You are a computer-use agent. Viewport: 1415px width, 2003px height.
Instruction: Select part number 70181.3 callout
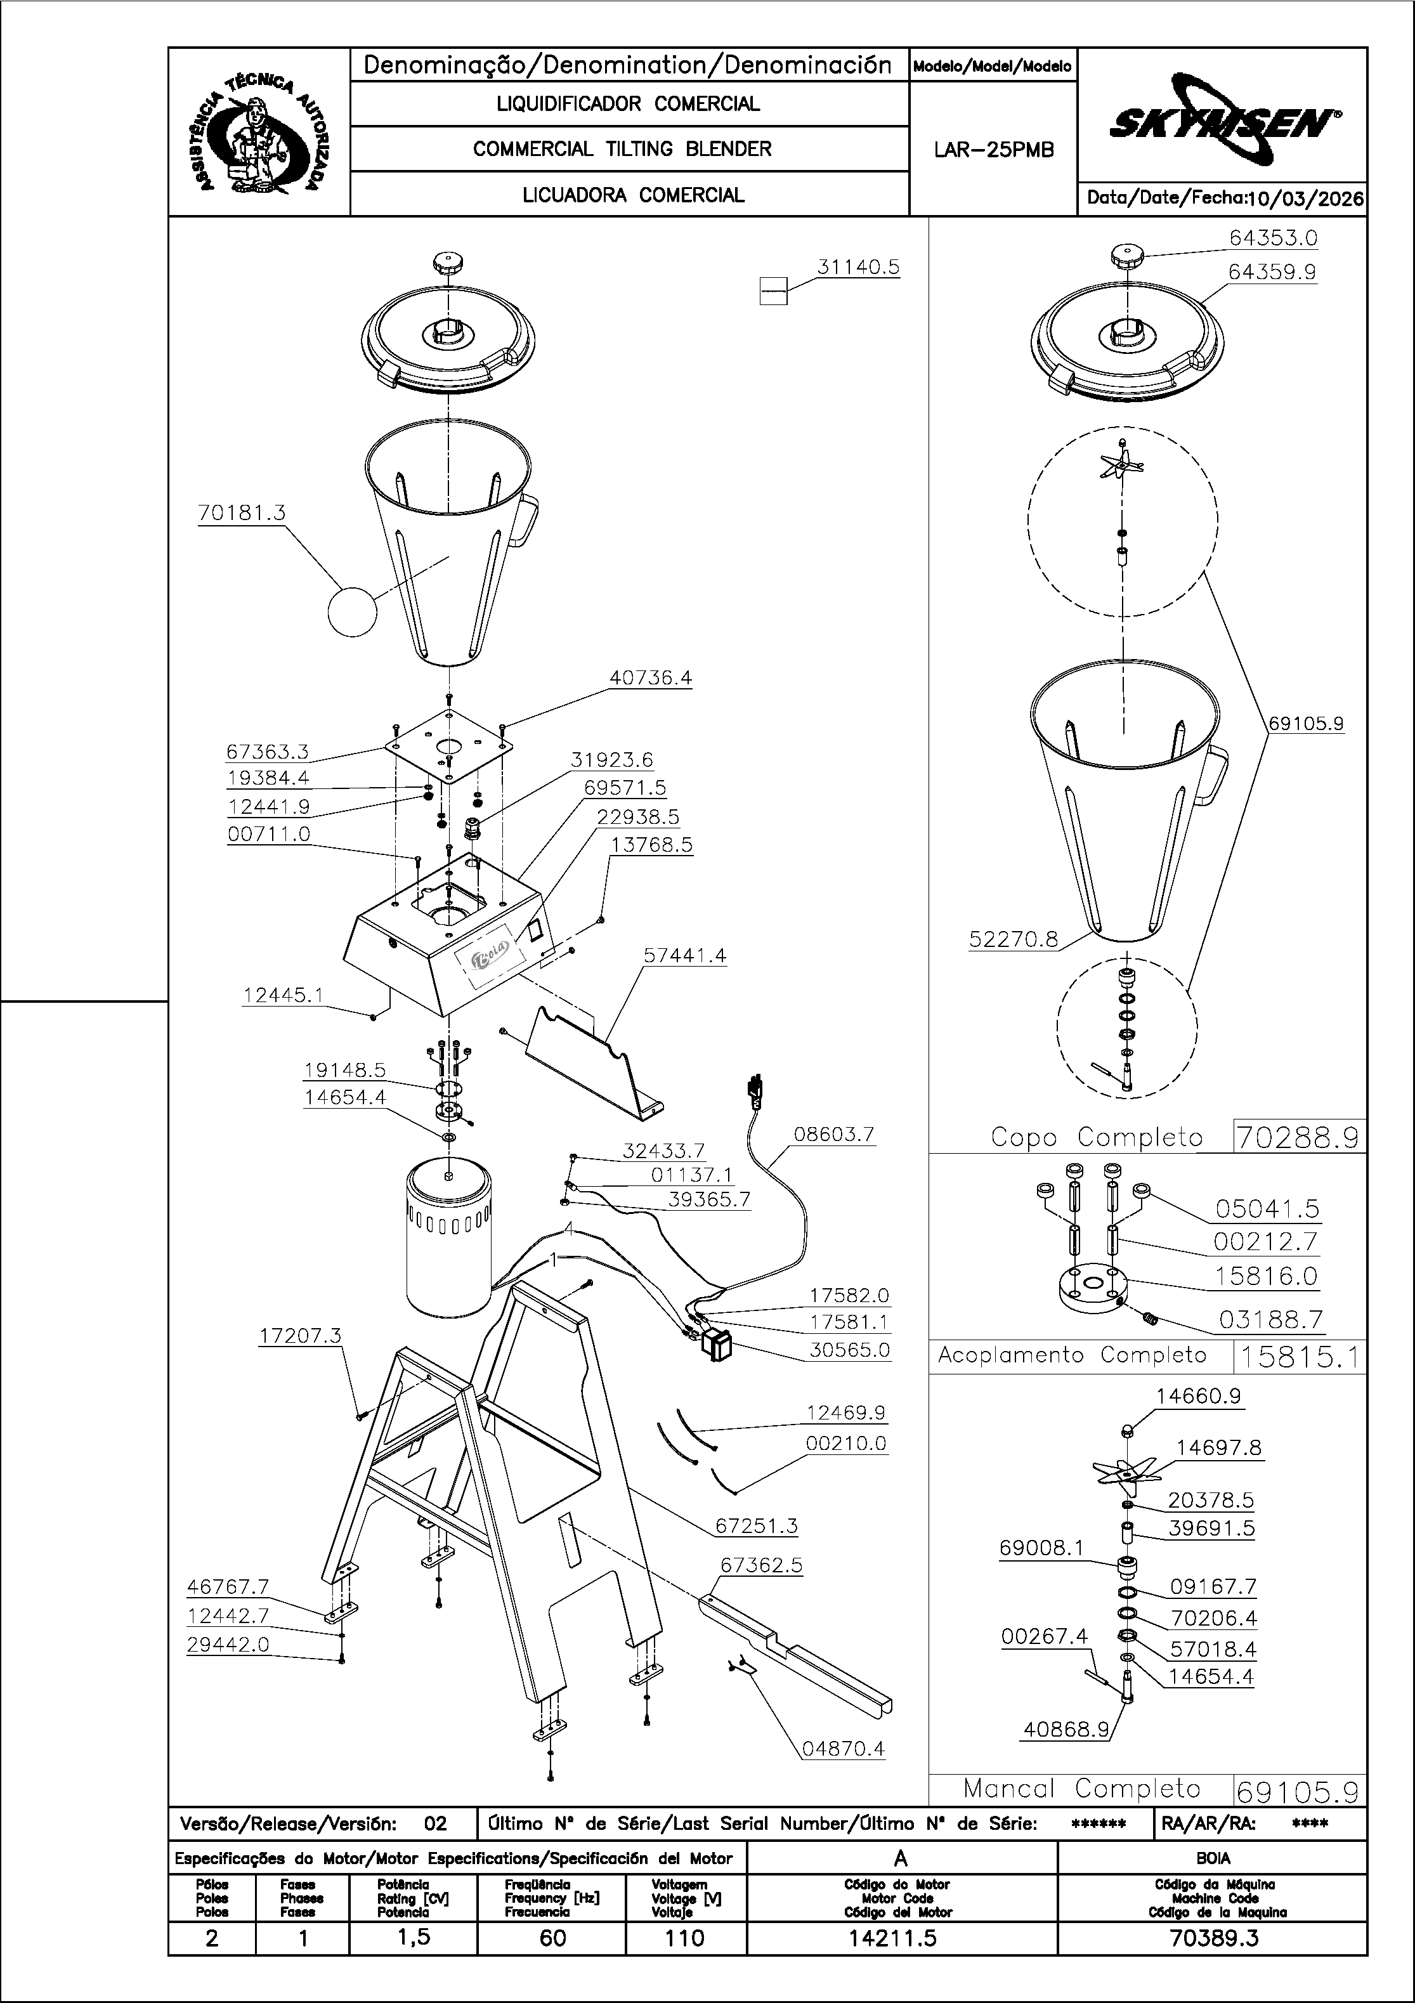pyautogui.click(x=242, y=513)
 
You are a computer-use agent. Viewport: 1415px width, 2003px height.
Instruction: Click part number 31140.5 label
pyautogui.click(x=857, y=267)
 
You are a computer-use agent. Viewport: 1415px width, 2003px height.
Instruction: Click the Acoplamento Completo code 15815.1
pyautogui.click(x=1299, y=1357)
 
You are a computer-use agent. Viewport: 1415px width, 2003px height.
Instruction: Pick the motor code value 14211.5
pyautogui.click(x=901, y=1938)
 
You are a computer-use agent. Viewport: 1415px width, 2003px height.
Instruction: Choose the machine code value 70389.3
pyautogui.click(x=1212, y=1938)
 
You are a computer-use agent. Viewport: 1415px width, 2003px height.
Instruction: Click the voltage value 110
pyautogui.click(x=685, y=1938)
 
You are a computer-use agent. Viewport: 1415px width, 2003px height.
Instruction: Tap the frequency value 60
pyautogui.click(x=552, y=1938)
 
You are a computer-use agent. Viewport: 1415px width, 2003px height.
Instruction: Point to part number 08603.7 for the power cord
pyautogui.click(x=833, y=1134)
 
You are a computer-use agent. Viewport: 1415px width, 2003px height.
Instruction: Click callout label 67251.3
pyautogui.click(x=755, y=1526)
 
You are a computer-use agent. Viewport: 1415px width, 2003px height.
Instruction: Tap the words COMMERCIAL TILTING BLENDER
pyautogui.click(x=622, y=149)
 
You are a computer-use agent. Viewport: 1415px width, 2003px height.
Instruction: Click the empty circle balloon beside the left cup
pyautogui.click(x=353, y=613)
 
